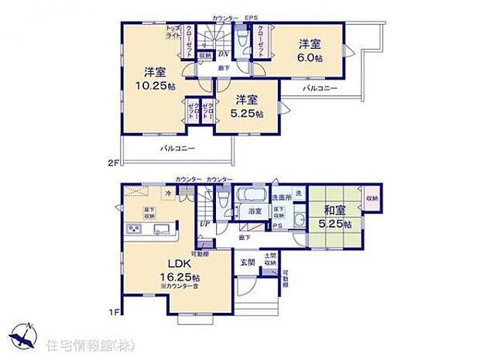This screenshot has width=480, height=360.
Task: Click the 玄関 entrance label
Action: click(x=247, y=263)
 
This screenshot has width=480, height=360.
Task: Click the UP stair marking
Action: click(x=204, y=225)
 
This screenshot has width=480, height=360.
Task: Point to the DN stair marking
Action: click(x=221, y=54)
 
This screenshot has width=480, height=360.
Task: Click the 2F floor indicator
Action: click(x=113, y=163)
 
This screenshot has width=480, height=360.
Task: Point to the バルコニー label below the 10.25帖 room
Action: click(x=177, y=148)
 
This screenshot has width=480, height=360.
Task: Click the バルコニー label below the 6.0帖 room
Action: click(x=319, y=88)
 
